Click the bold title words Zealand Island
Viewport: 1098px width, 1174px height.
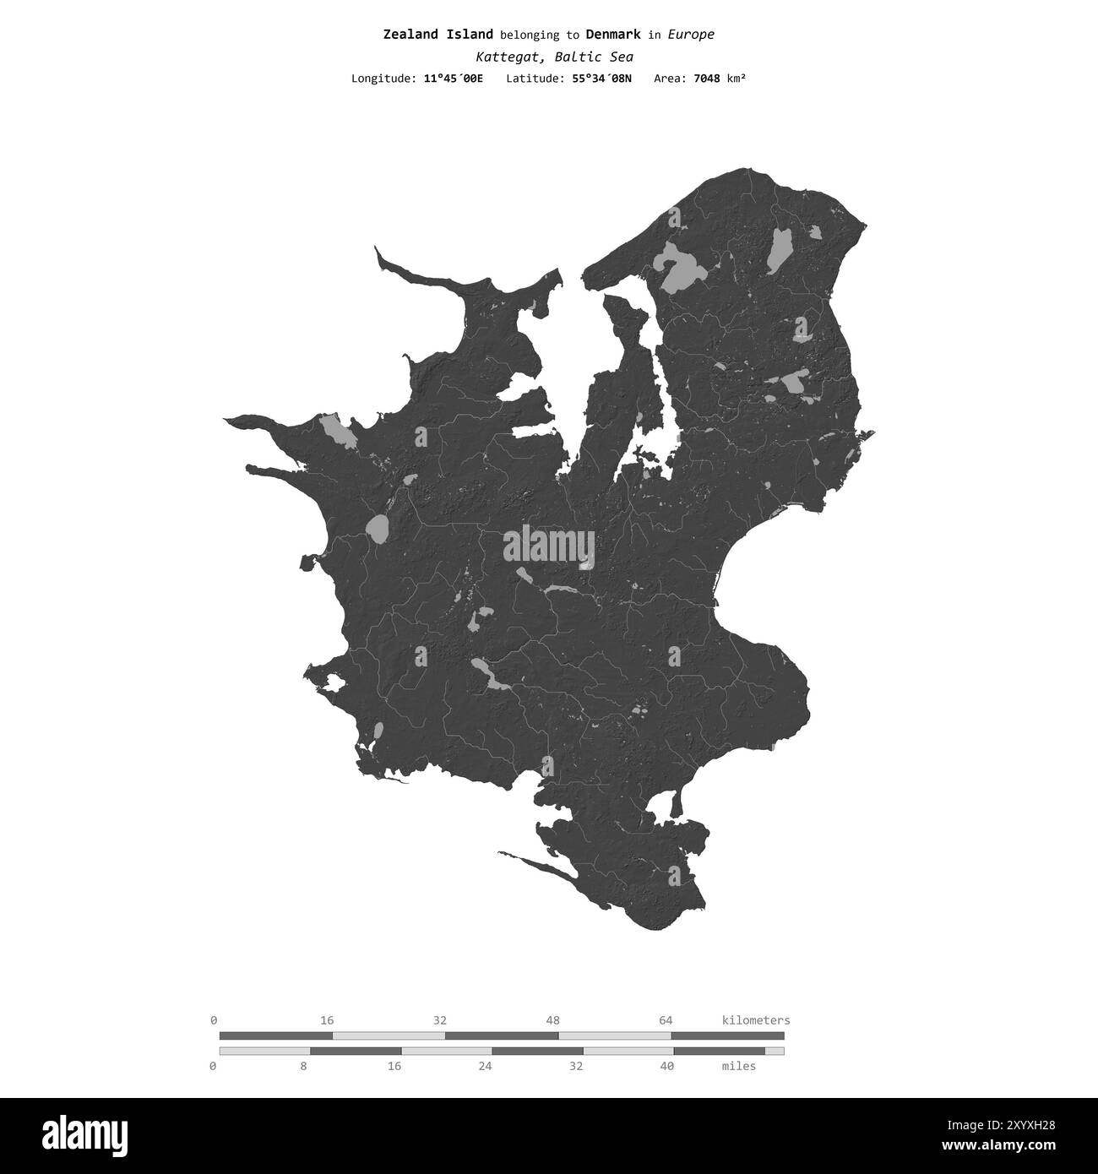[x=438, y=35]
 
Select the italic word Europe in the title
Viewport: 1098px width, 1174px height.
[x=691, y=35]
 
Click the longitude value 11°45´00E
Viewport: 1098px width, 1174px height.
[x=454, y=79]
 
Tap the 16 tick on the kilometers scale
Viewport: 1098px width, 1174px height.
[x=327, y=1020]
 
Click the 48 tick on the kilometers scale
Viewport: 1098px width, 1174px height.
[x=553, y=1020]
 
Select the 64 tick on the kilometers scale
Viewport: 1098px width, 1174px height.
[x=666, y=1020]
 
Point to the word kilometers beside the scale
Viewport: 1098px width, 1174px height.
[x=756, y=1020]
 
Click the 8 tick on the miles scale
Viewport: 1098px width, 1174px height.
[x=303, y=1066]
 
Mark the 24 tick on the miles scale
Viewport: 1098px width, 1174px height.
[x=485, y=1066]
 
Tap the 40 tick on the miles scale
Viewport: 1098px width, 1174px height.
[x=666, y=1066]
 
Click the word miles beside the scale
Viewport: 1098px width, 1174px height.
[x=739, y=1066]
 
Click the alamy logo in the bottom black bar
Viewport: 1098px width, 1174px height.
[x=90, y=1133]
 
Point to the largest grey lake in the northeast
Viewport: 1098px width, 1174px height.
[x=683, y=267]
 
